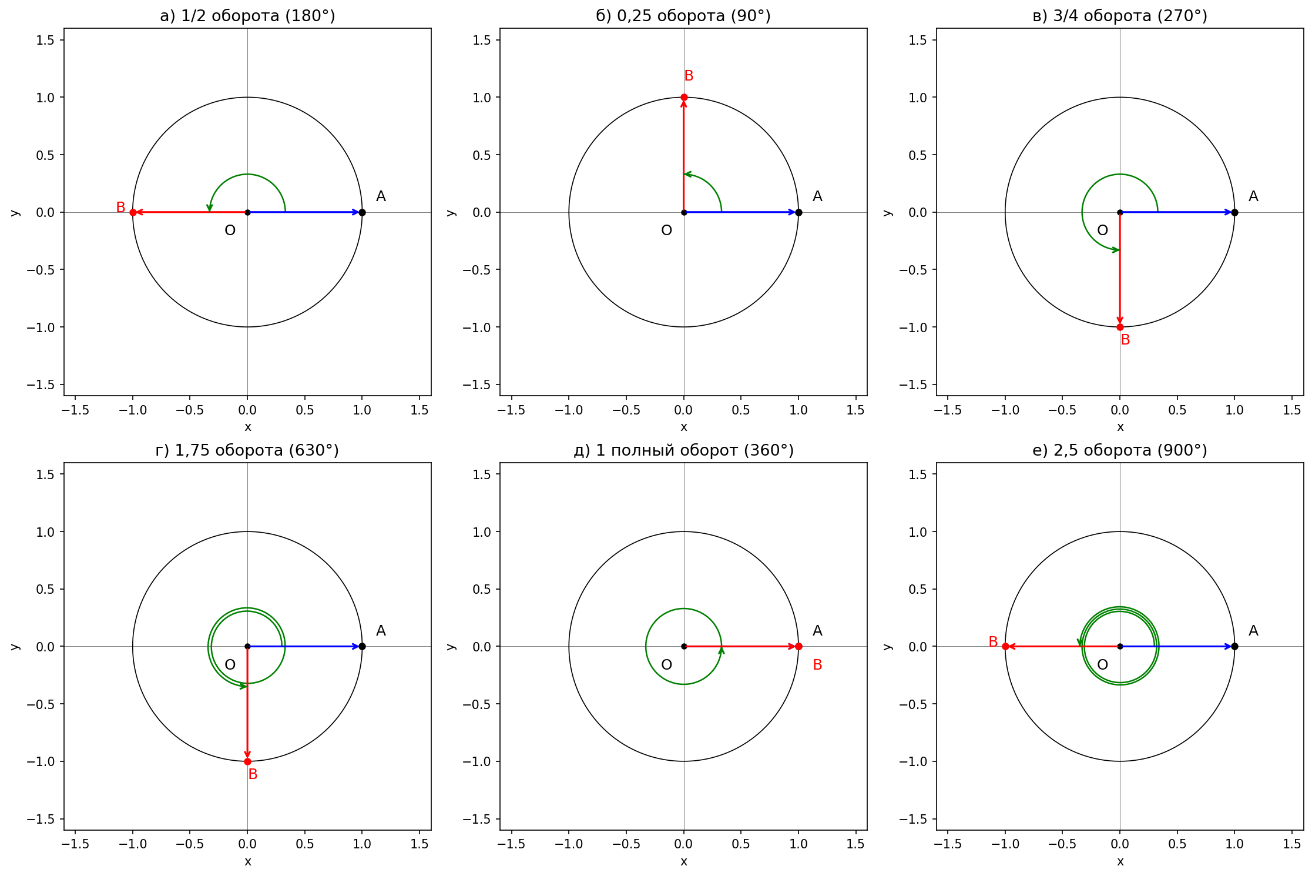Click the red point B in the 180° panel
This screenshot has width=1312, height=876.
pyautogui.click(x=133, y=212)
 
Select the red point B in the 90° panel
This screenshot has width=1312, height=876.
pyautogui.click(x=684, y=97)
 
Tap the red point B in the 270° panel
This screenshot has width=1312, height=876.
pyautogui.click(x=1120, y=327)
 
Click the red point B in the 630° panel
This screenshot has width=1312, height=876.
pyautogui.click(x=247, y=761)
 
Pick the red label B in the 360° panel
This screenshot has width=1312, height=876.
pyautogui.click(x=817, y=665)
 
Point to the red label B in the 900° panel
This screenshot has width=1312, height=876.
pyautogui.click(x=993, y=642)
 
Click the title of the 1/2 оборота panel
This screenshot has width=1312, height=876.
pyautogui.click(x=247, y=16)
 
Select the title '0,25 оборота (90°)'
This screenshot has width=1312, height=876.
pyautogui.click(x=683, y=16)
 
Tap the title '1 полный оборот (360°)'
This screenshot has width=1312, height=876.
pyautogui.click(x=683, y=450)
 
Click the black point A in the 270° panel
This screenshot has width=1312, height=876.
pyautogui.click(x=1234, y=212)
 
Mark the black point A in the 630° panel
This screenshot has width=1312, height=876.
pyautogui.click(x=362, y=647)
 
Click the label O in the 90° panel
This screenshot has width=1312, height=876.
pyautogui.click(x=666, y=230)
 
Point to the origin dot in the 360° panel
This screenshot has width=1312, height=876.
pyautogui.click(x=684, y=647)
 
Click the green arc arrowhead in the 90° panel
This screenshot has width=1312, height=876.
pyautogui.click(x=687, y=174)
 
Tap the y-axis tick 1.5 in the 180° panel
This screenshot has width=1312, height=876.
pyautogui.click(x=45, y=40)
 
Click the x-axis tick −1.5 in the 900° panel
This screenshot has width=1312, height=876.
pyautogui.click(x=947, y=844)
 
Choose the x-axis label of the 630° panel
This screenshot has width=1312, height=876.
pyautogui.click(x=247, y=861)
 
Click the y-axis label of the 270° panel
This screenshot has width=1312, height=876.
pyautogui.click(x=888, y=212)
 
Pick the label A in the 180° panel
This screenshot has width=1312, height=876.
pyautogui.click(x=381, y=196)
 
